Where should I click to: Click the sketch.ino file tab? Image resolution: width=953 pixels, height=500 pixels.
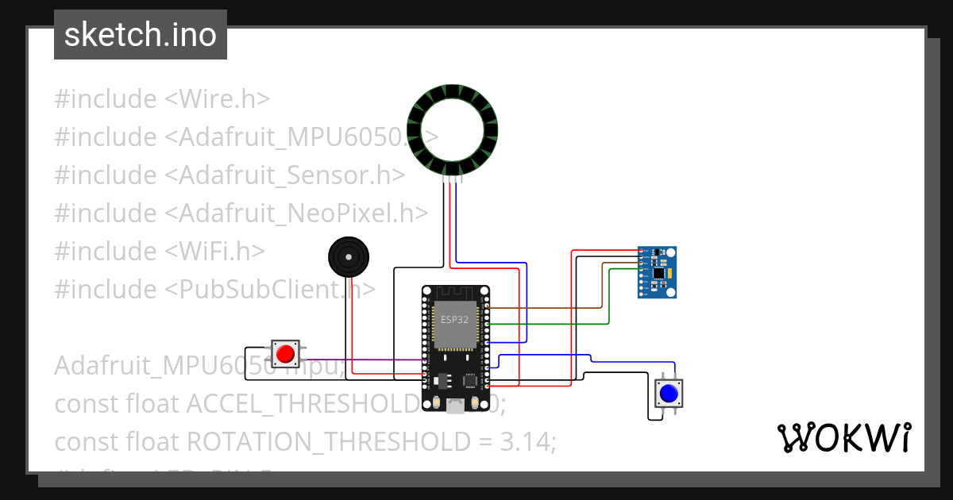click(141, 35)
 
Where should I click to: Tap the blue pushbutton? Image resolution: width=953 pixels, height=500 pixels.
click(669, 393)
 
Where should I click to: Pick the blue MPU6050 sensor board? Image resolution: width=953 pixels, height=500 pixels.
click(658, 272)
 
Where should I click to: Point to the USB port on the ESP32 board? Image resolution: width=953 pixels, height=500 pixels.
click(455, 407)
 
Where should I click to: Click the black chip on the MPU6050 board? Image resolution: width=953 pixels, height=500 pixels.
click(658, 272)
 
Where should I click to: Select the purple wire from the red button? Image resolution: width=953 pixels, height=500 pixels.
click(357, 360)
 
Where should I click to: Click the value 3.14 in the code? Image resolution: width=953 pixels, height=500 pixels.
click(528, 442)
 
